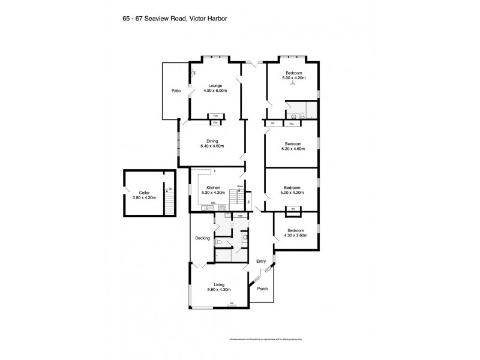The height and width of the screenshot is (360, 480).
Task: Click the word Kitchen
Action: (x=214, y=187)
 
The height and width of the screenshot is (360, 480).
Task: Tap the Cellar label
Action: (x=143, y=192)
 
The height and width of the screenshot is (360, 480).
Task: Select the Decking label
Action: (x=202, y=238)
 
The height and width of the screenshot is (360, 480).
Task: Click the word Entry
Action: (x=260, y=261)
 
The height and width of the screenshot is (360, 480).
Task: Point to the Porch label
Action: (x=262, y=289)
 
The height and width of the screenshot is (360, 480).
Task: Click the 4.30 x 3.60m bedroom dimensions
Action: (x=295, y=235)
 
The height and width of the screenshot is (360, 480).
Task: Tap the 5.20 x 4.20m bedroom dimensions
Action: (x=293, y=193)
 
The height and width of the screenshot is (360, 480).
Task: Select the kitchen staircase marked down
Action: (x=239, y=196)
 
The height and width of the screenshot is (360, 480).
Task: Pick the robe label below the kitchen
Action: (x=239, y=215)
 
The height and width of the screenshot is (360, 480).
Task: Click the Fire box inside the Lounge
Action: (x=215, y=116)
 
